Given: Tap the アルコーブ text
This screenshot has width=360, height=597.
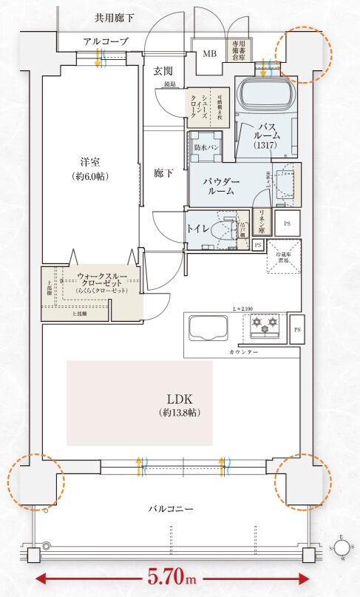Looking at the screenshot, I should click(106, 42).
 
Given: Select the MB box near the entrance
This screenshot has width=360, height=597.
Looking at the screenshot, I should click(209, 53).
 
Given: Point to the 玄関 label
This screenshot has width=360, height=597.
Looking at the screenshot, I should click(163, 71).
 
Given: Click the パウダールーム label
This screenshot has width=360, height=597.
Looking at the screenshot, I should click(221, 185).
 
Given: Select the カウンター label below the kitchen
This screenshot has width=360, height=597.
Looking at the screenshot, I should click(243, 352).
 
